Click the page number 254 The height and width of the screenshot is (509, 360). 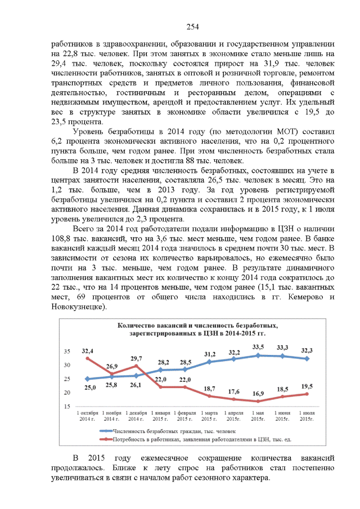(193, 27)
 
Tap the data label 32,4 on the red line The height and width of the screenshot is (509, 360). (88, 350)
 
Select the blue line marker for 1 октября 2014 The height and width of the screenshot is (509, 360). (88, 379)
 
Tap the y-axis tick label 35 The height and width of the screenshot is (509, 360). (66, 352)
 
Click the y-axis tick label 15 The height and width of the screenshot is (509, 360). (66, 406)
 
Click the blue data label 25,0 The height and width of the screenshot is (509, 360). (90, 388)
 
